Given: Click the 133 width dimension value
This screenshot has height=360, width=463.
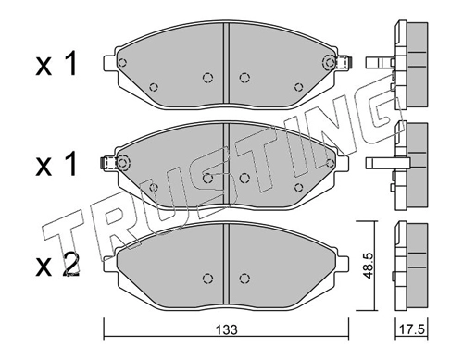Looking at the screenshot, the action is pos(227,330).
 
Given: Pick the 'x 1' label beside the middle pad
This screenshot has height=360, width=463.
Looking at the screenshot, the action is pos(56,165).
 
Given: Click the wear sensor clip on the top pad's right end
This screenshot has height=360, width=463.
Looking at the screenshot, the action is pos(344,63).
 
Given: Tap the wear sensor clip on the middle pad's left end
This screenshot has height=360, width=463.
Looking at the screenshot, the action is pos(108,163).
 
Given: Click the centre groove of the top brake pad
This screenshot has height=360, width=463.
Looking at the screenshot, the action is pos(226,64).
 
